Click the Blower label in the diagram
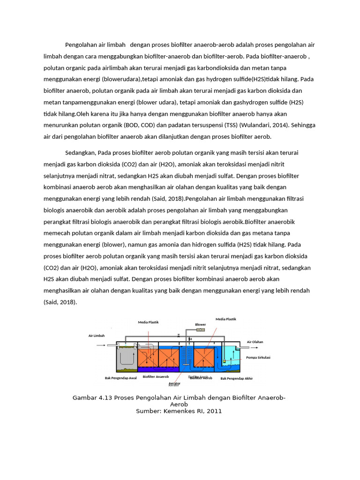201,324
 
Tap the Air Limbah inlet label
97,336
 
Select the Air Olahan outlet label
255,342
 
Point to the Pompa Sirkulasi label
258,357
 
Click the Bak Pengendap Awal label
120,378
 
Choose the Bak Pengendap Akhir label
236,378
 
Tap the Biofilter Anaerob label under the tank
156,376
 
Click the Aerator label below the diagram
174,383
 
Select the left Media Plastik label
148,322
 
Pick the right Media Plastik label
226,319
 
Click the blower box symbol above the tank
200,330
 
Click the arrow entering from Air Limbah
102,346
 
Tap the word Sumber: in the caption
149,411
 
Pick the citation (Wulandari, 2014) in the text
265,125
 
